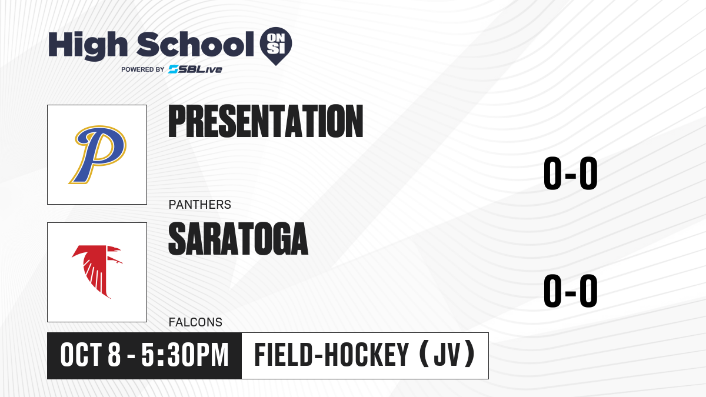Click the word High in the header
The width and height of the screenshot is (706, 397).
[88, 46]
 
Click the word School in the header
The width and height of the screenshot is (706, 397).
[195, 45]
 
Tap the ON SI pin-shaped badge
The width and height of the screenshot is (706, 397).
[276, 46]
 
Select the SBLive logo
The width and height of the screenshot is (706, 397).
[195, 69]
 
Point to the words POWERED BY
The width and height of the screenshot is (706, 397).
[143, 69]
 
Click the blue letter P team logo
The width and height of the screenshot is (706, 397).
[98, 154]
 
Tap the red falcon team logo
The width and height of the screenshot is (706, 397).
[97, 272]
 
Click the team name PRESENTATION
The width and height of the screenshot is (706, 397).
[266, 121]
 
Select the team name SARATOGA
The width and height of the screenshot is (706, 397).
[238, 239]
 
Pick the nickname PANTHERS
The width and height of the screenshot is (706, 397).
[200, 205]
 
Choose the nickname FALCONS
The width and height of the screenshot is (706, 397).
[195, 322]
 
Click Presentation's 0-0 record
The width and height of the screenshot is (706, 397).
[571, 174]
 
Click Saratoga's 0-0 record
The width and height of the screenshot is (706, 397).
[571, 291]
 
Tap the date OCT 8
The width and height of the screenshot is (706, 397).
[91, 355]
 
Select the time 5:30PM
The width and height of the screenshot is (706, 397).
[185, 355]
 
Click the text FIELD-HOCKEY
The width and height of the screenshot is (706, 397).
[332, 355]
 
